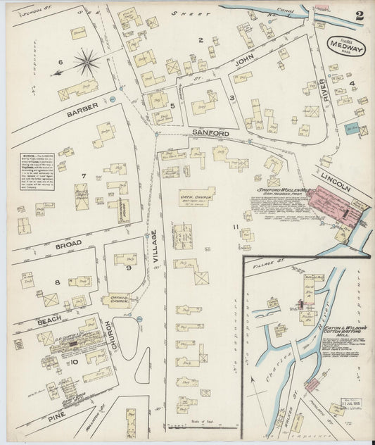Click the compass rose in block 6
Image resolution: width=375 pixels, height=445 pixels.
pyautogui.click(x=86, y=63)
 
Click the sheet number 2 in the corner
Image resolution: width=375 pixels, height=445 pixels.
pyautogui.click(x=360, y=15)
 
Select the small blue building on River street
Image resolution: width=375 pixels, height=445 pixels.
pyautogui.click(x=351, y=129)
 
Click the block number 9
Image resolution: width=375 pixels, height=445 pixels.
pyautogui.click(x=129, y=268)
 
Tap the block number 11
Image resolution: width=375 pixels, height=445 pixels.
pyautogui.click(x=237, y=227)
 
